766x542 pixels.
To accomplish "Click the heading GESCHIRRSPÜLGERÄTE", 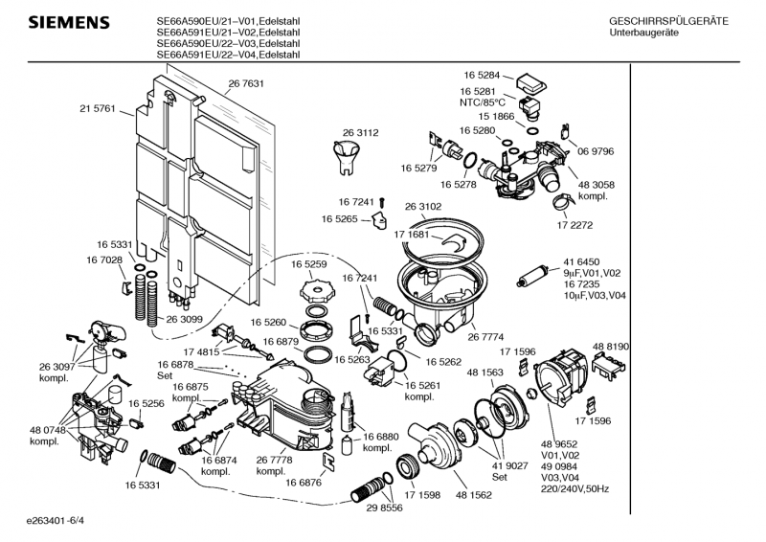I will pos(668,21).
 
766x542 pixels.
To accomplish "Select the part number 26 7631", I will pos(246,84).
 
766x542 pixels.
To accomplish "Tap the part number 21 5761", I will pos(97,109).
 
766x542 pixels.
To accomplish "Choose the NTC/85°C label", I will pos(484,102).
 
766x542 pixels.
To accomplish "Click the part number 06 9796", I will pos(596,150).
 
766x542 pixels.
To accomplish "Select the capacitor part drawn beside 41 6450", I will pos(531,278).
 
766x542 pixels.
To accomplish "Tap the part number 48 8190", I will pos(611,346).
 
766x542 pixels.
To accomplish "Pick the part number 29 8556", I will pos(383,508).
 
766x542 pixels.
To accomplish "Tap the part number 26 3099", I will pos(184,319).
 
